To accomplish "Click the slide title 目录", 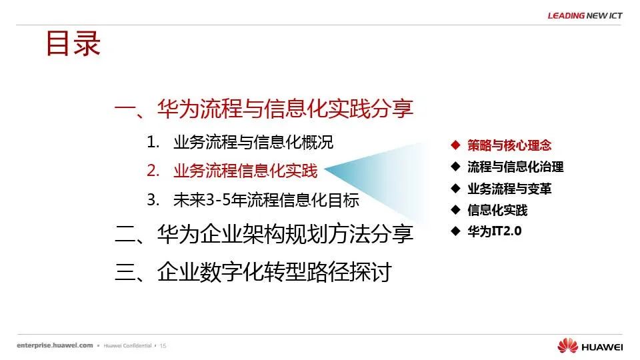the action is pos(73,43).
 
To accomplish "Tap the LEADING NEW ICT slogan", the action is pos(585,15).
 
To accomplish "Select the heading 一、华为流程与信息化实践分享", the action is pos(264,109).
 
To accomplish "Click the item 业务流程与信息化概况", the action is pos(253,142).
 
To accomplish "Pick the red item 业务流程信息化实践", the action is pos(245,171).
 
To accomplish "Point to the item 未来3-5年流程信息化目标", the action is pos(266,200).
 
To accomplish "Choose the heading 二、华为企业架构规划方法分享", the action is pos(264,234).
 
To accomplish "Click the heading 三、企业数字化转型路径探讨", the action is pos(253,272).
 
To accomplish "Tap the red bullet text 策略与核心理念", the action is pos(509,145).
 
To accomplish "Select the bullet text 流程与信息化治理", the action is pos(515,167).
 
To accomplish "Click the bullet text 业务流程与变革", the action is pos(509,189).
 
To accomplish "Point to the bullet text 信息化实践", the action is pos(497,210).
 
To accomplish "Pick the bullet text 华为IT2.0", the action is pos(495,231).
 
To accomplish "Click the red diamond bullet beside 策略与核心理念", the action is pos(455,145).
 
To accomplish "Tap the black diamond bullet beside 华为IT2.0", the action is pos(455,231).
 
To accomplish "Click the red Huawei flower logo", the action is pos(568,345).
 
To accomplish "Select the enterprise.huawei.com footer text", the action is pos(55,345).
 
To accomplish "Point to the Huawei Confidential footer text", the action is pos(127,346).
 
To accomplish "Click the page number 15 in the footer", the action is pos(163,346).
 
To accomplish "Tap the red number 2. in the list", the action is pos(153,171).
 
